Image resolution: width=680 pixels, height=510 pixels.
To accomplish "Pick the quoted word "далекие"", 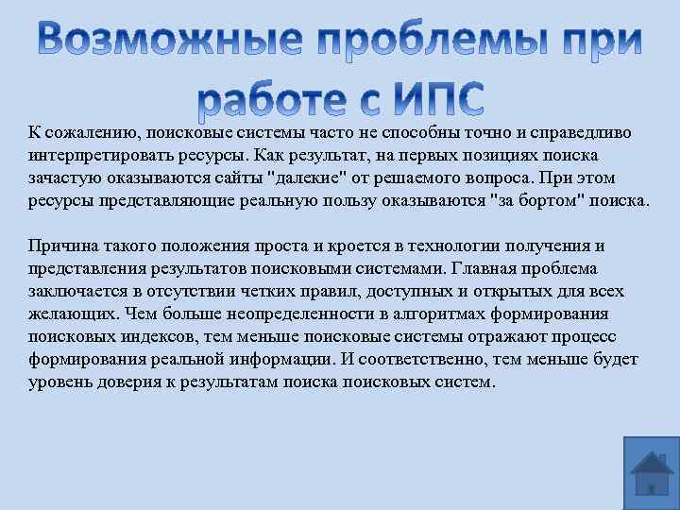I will [306, 177].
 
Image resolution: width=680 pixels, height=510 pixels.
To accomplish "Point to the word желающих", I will [66, 314].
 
